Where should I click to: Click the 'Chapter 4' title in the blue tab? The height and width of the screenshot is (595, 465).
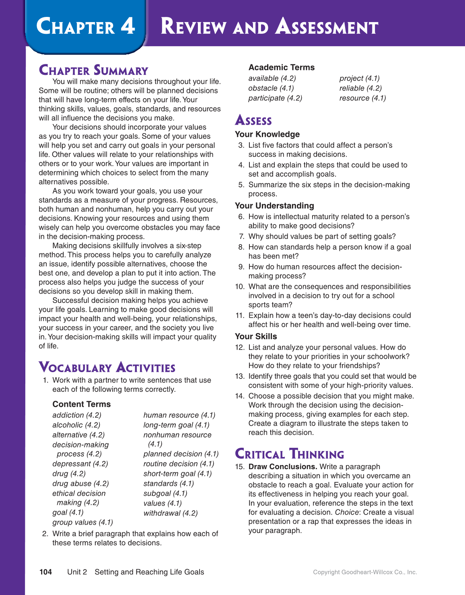click(x=85, y=27)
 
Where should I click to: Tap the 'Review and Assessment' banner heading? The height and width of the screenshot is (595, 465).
click(x=269, y=27)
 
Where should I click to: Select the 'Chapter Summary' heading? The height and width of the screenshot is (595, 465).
click(x=93, y=70)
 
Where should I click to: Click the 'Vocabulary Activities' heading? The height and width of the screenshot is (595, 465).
click(x=107, y=367)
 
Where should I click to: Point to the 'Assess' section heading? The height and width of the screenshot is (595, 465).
click(x=253, y=120)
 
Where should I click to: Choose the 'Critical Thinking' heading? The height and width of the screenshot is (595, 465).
click(x=289, y=454)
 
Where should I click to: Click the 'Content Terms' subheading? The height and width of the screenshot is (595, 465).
click(x=81, y=404)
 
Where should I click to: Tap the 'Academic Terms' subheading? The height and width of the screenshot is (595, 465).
click(x=281, y=67)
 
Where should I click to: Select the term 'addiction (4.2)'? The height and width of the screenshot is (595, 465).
click(x=77, y=415)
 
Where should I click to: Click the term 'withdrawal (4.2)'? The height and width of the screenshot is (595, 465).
click(x=171, y=513)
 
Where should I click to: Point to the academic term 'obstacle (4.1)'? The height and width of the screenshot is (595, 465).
click(x=271, y=88)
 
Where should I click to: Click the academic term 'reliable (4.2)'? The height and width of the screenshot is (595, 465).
click(x=360, y=88)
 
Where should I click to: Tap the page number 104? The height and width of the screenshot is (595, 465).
click(x=45, y=572)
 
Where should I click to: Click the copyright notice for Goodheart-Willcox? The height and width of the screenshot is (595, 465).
click(x=365, y=572)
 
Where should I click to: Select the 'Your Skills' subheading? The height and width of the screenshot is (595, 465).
click(x=256, y=336)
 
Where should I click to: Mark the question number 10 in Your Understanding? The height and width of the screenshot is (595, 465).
click(x=240, y=286)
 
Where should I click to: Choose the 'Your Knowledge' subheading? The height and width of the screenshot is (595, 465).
click(x=267, y=134)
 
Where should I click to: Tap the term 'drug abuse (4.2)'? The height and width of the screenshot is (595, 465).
click(x=80, y=484)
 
